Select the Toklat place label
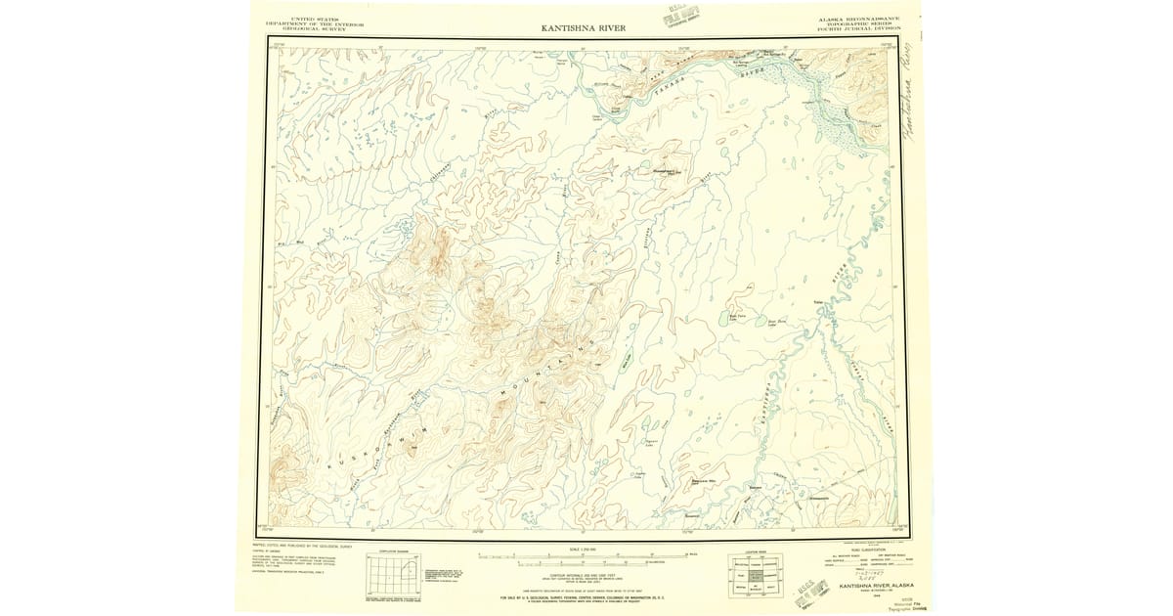[819, 303]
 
